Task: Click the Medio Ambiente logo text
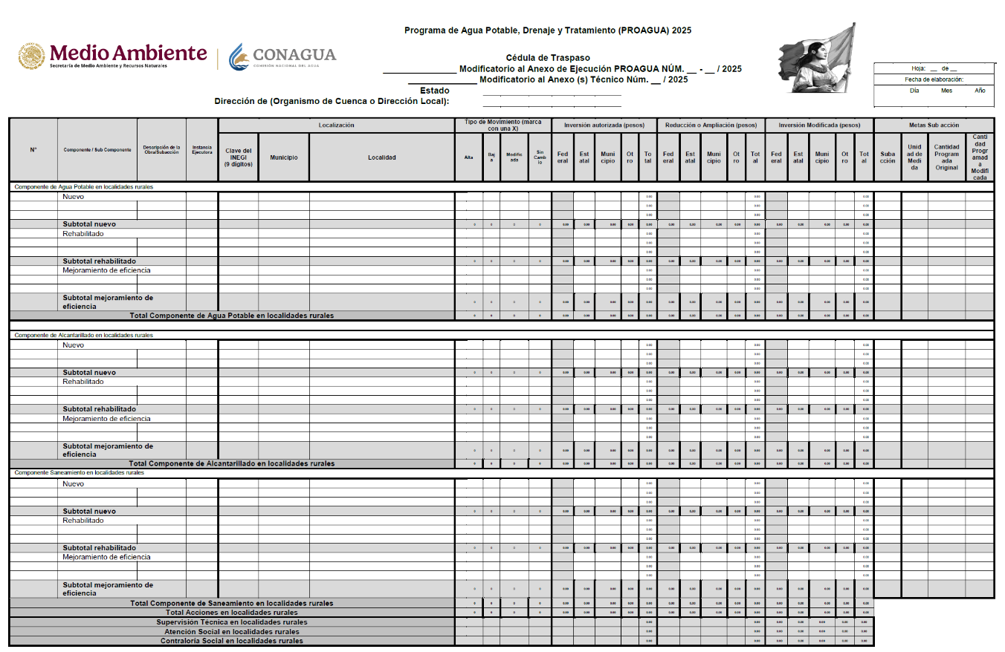pyautogui.click(x=128, y=53)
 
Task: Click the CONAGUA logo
pyautogui.click(x=282, y=56)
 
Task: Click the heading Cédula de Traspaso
pyautogui.click(x=548, y=58)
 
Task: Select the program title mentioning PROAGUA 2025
pyautogui.click(x=548, y=30)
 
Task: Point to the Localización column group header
pyautogui.click(x=336, y=125)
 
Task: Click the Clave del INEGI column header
pyautogui.click(x=239, y=157)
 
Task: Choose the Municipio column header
pyautogui.click(x=284, y=157)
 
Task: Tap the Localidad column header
pyautogui.click(x=382, y=157)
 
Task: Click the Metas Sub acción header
pyautogui.click(x=934, y=125)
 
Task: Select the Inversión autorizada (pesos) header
pyautogui.click(x=604, y=125)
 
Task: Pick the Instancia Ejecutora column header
pyautogui.click(x=202, y=149)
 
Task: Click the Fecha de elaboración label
pyautogui.click(x=934, y=79)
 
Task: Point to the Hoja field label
pyautogui.click(x=920, y=68)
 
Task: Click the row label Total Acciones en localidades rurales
pyautogui.click(x=231, y=613)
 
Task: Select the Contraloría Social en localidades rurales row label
pyautogui.click(x=231, y=641)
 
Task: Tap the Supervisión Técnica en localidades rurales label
pyautogui.click(x=231, y=622)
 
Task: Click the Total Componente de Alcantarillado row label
pyautogui.click(x=231, y=463)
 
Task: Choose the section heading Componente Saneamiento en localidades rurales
pyautogui.click(x=79, y=472)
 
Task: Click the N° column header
pyautogui.click(x=33, y=150)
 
